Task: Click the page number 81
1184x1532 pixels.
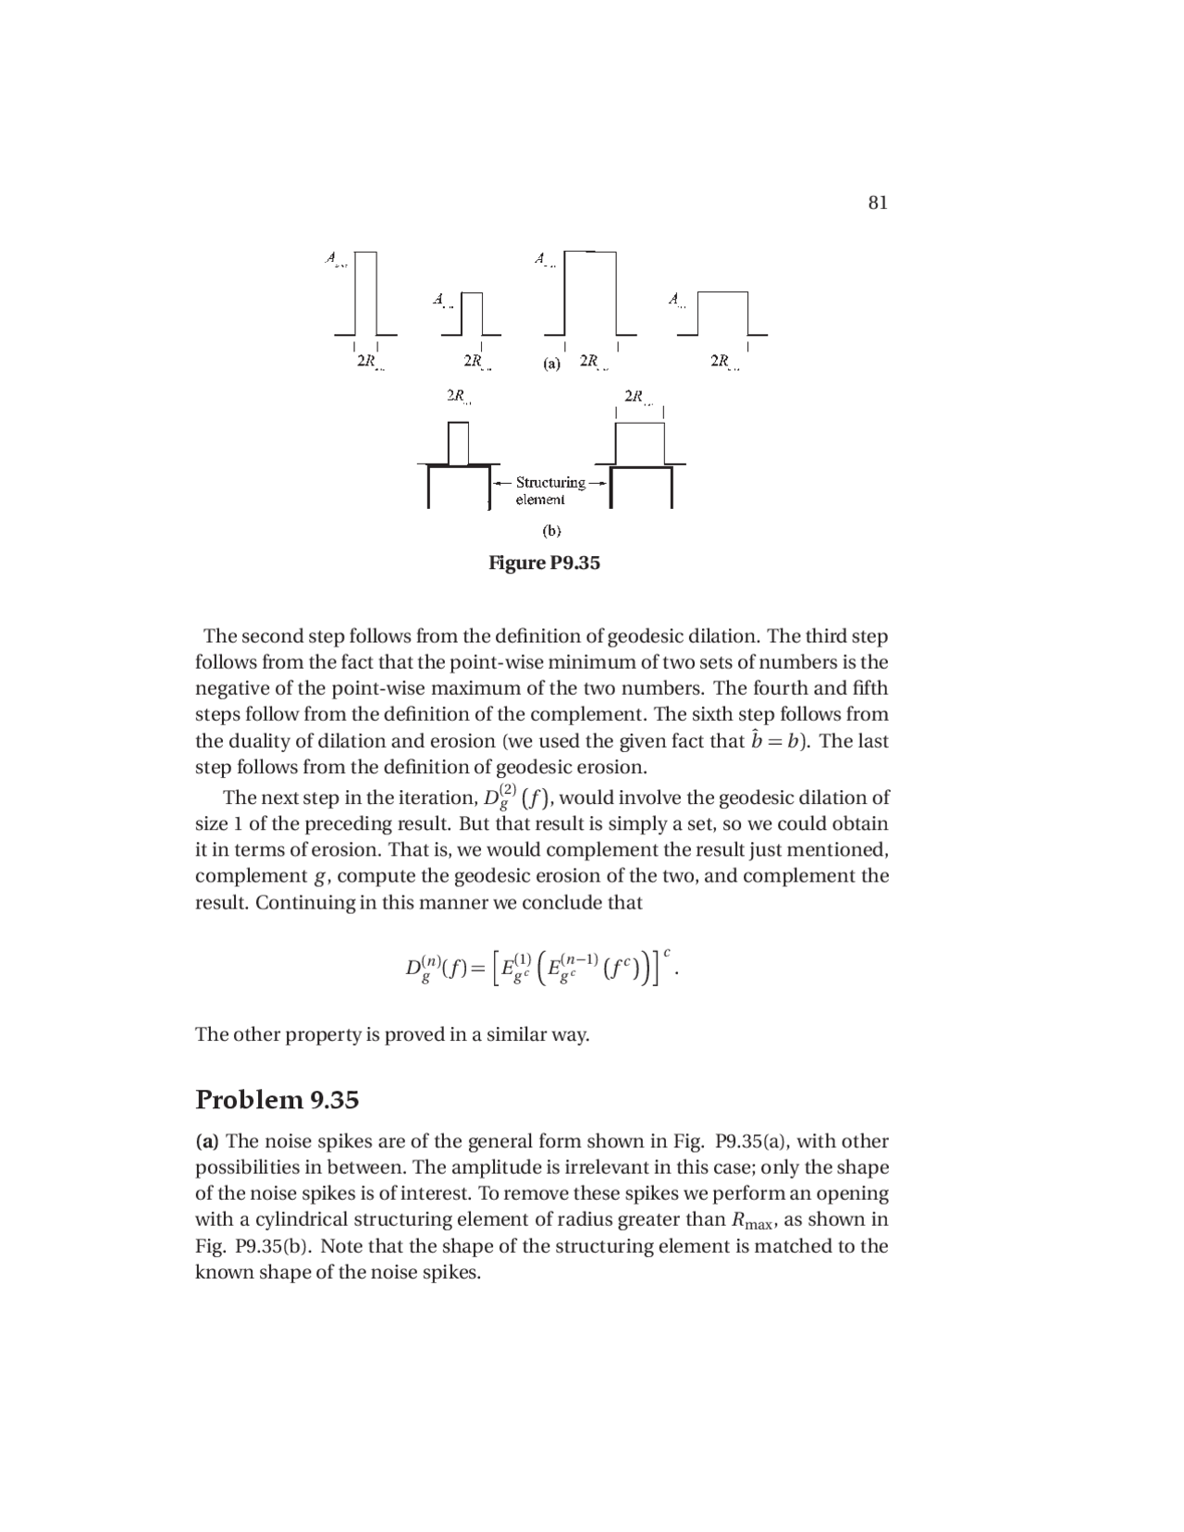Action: point(878,203)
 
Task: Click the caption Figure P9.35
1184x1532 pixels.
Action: point(544,562)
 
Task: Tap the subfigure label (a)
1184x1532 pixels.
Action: point(551,364)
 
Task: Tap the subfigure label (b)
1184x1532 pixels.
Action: point(551,531)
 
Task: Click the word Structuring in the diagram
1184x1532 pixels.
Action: point(549,482)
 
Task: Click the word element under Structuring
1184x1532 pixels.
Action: point(539,500)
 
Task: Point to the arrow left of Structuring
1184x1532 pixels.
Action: point(502,483)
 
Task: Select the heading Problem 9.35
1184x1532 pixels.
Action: point(277,1100)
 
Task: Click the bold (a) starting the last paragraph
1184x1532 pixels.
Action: point(207,1142)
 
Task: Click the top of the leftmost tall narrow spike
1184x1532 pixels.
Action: point(365,253)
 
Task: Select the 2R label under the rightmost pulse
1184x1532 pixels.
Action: point(721,361)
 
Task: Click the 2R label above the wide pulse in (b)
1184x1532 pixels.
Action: point(635,396)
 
